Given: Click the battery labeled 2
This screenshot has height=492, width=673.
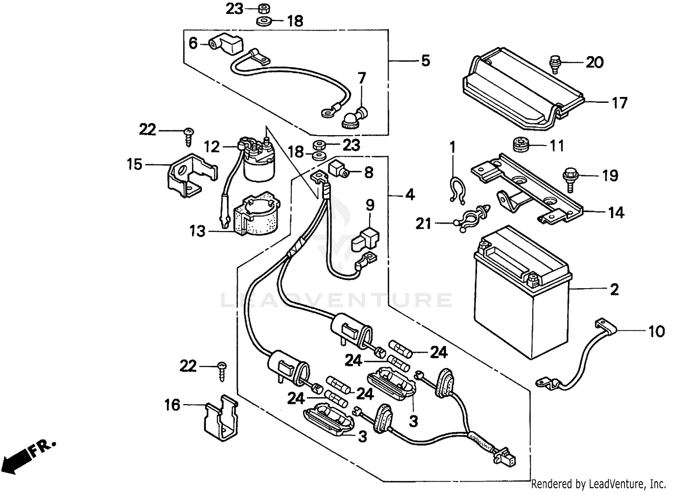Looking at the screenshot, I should click(x=520, y=296).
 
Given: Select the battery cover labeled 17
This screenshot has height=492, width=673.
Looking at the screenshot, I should click(x=520, y=92).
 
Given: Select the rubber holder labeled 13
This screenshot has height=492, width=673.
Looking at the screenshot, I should click(x=256, y=215).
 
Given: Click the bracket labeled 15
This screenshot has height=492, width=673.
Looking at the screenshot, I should click(x=188, y=175).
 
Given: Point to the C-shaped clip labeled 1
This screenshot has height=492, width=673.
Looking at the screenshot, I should click(x=455, y=189).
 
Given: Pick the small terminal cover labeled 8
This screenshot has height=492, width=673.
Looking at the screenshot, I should click(x=339, y=170).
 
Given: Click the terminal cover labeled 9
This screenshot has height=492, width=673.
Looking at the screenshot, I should click(x=364, y=239).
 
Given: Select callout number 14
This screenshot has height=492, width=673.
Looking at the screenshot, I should click(x=616, y=212).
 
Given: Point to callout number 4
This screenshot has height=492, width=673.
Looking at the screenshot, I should click(x=410, y=195).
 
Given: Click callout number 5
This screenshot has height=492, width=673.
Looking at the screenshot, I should click(x=425, y=61).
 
